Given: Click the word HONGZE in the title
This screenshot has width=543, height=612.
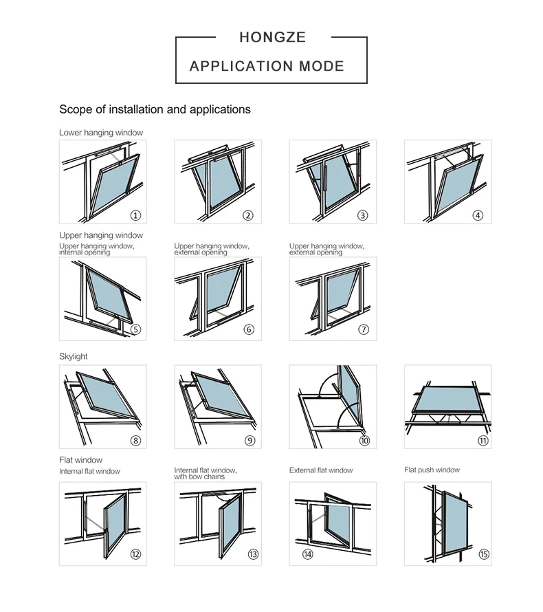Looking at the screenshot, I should tap(272, 37).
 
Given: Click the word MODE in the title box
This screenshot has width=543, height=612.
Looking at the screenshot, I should tap(322, 67).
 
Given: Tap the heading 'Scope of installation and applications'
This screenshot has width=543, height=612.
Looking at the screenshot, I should tap(155, 109).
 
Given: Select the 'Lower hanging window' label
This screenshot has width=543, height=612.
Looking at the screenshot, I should tap(101, 133).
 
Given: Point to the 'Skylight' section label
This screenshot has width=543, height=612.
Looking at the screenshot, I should tap(74, 357).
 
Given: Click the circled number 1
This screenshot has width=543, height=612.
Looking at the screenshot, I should tap(135, 215).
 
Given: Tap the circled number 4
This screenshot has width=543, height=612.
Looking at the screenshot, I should tap(478, 215).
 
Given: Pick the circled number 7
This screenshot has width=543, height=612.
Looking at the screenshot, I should tap(364, 329).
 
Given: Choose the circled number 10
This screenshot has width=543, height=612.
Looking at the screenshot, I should tap(364, 441).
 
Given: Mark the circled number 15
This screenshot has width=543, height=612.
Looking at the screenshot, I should tap(484, 554).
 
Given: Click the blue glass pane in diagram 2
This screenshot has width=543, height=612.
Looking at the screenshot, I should tap(220, 184).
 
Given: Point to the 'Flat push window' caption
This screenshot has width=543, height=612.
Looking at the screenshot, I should tap(432, 470).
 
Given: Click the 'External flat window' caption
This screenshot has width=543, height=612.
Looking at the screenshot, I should tap(321, 470).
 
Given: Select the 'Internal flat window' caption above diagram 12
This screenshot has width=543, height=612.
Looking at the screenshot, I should tap(89, 472).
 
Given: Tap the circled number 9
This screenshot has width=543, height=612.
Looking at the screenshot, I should tap(250, 441).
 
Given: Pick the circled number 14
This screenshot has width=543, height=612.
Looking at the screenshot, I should tap(307, 554).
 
